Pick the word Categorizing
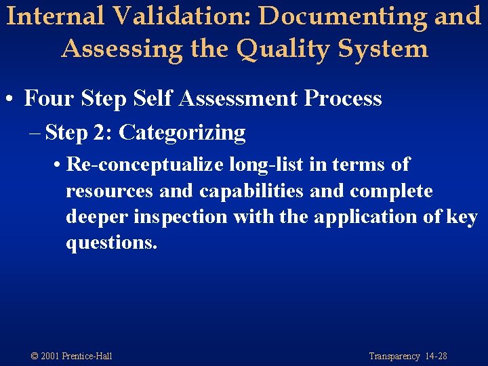coord(182,133)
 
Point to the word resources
coord(109,191)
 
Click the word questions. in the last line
coord(111,243)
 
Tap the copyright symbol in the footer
coord(35,356)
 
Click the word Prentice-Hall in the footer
coord(86,356)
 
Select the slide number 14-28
coord(435,356)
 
